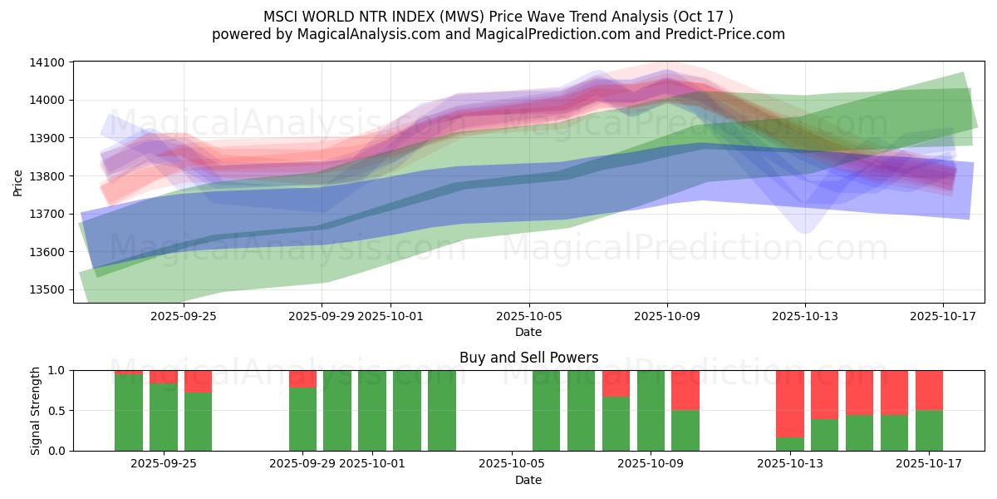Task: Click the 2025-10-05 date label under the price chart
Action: coord(528,317)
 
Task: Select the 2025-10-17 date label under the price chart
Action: coord(943,317)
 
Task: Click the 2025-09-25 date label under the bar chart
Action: coord(163,464)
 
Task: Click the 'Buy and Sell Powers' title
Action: coord(528,358)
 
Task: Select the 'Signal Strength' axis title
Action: coord(35,410)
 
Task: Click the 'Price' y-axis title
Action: coord(18,182)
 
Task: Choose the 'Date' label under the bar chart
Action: coord(528,480)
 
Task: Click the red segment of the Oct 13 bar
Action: coord(789,403)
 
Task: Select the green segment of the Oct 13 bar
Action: coord(789,444)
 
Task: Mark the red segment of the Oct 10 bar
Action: coord(685,389)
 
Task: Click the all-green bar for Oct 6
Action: coord(546,411)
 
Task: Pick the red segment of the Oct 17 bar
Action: coord(929,389)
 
